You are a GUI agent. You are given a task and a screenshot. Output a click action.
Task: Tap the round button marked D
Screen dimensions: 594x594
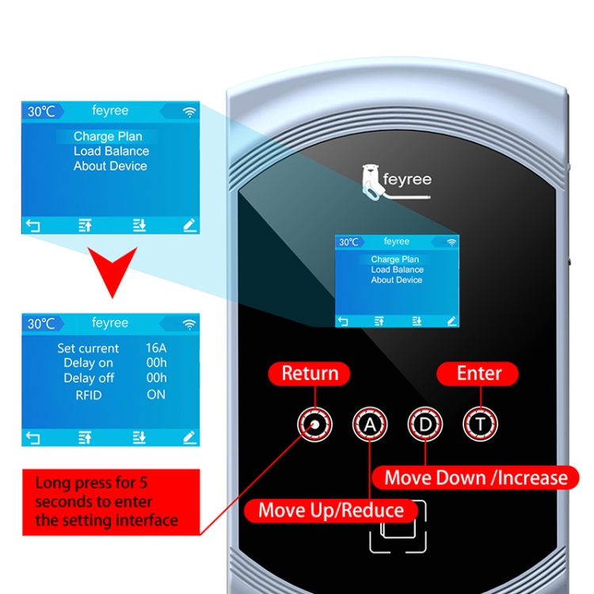[x=425, y=425]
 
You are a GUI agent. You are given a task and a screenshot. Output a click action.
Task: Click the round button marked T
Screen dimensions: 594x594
[x=481, y=425]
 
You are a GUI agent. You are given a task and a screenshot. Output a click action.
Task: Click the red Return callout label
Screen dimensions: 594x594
[x=309, y=374]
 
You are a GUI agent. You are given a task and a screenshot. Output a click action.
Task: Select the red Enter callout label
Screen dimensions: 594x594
[x=478, y=374]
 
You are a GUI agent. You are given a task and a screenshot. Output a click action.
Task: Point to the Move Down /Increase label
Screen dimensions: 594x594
[x=476, y=478]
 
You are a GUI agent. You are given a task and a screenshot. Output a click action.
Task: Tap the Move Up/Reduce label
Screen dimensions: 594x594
[x=331, y=510]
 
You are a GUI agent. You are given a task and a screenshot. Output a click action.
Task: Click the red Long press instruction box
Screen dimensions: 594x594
[x=111, y=502]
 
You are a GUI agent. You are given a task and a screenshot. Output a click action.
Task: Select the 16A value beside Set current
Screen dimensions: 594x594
[x=156, y=348]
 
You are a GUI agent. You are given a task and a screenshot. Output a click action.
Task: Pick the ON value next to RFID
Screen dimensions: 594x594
[x=156, y=394]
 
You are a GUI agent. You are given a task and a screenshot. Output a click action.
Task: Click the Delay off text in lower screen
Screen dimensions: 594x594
[x=89, y=378]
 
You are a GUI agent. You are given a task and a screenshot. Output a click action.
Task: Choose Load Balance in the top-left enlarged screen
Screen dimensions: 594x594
[x=112, y=151]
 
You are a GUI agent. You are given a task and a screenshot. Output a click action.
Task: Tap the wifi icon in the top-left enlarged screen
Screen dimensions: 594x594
[x=189, y=112]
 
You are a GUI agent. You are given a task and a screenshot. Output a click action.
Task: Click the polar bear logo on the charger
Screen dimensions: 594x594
[x=372, y=183]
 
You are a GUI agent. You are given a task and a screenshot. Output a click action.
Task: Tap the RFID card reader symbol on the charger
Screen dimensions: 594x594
[x=398, y=527]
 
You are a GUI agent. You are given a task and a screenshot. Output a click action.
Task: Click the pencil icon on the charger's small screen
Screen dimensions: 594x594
[x=451, y=322]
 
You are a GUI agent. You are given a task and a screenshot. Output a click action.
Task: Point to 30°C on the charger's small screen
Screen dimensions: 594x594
[x=348, y=242]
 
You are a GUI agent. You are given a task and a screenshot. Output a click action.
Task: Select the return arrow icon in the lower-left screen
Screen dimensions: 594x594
[x=33, y=438]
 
